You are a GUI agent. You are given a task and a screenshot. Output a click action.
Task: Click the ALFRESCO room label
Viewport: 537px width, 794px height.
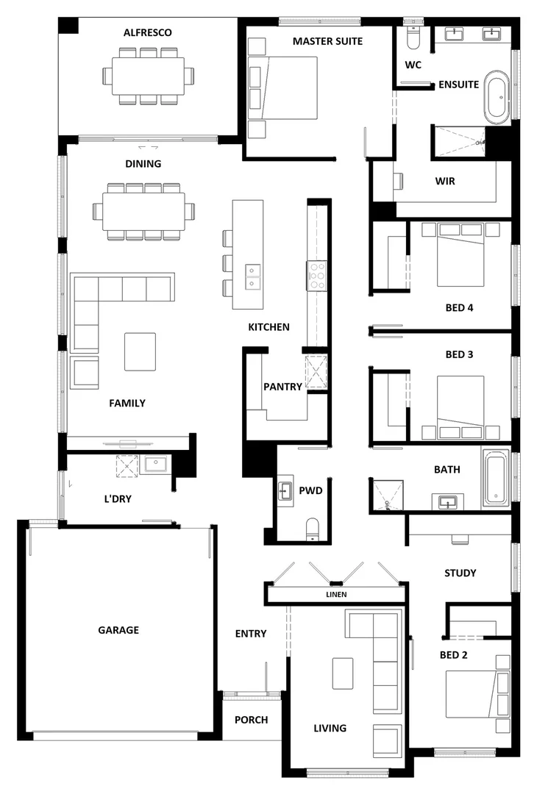click(148, 32)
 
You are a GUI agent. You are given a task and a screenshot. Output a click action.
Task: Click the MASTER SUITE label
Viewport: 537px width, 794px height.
click(327, 41)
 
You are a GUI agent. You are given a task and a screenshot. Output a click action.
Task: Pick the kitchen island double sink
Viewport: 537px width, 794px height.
click(252, 276)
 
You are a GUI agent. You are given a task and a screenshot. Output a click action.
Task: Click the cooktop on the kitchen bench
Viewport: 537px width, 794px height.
click(317, 275)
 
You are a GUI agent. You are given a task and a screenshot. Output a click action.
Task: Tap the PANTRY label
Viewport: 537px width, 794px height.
click(282, 386)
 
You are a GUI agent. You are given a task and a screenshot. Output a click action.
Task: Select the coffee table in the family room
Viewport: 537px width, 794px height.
click(140, 351)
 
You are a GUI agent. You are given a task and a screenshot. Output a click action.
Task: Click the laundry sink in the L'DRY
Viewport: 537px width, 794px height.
click(156, 464)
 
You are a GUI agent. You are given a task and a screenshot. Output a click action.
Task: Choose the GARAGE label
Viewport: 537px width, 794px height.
click(118, 630)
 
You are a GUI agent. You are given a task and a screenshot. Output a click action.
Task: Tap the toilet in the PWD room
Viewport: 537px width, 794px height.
click(312, 528)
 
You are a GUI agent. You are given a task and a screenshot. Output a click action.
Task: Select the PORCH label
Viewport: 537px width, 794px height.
click(251, 720)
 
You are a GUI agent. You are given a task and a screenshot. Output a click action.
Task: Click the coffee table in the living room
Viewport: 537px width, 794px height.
click(343, 673)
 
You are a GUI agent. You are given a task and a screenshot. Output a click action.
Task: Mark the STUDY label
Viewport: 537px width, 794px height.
click(460, 573)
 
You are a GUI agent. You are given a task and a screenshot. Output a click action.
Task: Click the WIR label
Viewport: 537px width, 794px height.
click(445, 181)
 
